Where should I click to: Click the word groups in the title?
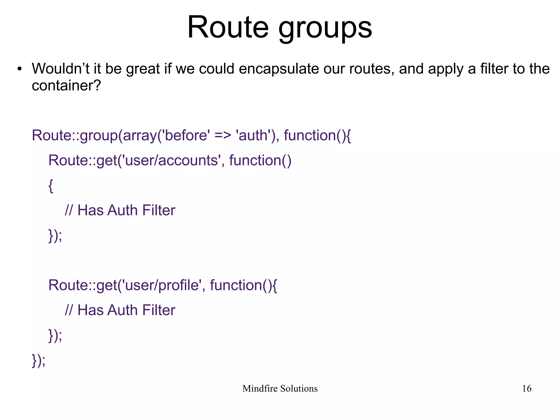tap(325, 29)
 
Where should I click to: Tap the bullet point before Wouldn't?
tap(19, 69)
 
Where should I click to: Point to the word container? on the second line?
tap(66, 86)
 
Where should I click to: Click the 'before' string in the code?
tap(186, 135)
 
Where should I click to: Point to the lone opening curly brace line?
tap(51, 186)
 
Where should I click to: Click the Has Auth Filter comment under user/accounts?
tap(120, 210)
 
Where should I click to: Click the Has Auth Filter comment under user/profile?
tap(120, 310)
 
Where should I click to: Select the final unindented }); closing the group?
tap(39, 360)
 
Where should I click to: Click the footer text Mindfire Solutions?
tap(280, 389)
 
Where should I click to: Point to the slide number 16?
tap(526, 389)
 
